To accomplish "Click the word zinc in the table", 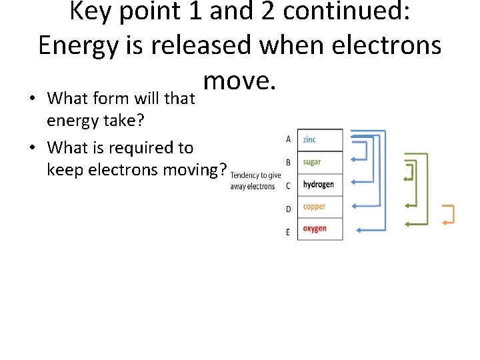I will (309, 139).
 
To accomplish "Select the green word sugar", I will (311, 162).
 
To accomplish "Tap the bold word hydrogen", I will (318, 185).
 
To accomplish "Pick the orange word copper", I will (314, 207).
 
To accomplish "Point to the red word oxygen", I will (315, 229).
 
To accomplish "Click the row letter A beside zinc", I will (288, 139).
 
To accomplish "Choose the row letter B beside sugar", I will (288, 162).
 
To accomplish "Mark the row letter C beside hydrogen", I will (288, 185).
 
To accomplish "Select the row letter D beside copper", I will (288, 209).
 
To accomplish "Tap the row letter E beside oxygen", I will (288, 232).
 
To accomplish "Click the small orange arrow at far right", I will (449, 214).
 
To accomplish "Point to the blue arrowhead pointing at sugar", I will (354, 159).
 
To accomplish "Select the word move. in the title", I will (239, 81).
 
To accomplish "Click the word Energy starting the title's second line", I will (79, 45).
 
